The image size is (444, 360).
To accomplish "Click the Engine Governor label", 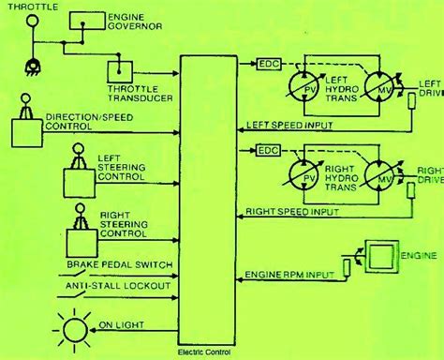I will pos(134,23).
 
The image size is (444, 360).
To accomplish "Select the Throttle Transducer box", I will pos(121,68).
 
